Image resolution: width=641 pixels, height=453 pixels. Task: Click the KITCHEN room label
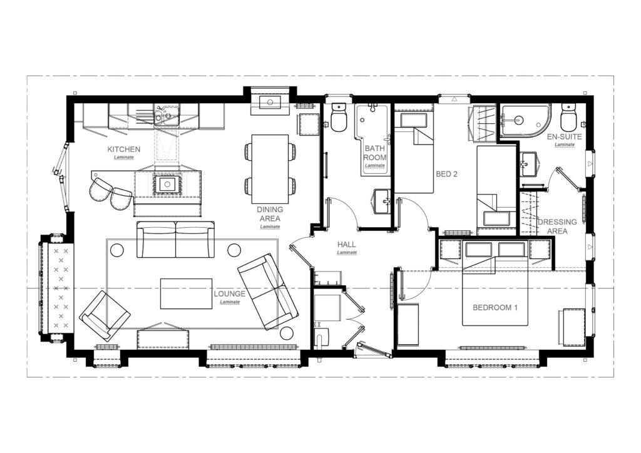[x=124, y=150]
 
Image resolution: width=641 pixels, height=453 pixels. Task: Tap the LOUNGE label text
[x=229, y=293]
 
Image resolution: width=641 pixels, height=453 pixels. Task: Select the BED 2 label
[x=446, y=174]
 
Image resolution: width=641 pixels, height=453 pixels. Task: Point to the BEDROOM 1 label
[x=495, y=308]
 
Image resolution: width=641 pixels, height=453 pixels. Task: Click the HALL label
[x=346, y=245]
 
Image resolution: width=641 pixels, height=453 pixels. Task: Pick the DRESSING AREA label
[x=557, y=227]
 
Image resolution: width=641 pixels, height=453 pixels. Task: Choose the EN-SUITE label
[x=565, y=137]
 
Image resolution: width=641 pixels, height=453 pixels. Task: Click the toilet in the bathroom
[x=339, y=117]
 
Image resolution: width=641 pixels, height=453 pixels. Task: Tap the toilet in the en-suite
[x=568, y=116]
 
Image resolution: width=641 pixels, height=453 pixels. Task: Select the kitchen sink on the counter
[x=166, y=115]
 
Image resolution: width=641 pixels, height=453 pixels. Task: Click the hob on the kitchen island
[x=167, y=184]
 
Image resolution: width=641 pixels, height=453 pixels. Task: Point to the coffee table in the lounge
[x=186, y=293]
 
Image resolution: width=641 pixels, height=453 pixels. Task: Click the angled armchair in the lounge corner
[x=105, y=316]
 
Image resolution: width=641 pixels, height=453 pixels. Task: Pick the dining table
[x=270, y=169]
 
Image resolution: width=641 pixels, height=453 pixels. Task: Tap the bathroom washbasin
[x=382, y=201]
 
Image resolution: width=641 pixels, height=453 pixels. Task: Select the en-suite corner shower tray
[x=525, y=121]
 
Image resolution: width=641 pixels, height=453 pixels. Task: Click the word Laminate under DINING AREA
[x=270, y=227]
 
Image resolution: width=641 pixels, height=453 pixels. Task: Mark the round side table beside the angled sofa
[x=287, y=333]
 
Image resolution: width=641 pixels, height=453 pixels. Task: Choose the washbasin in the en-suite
[x=528, y=164]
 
